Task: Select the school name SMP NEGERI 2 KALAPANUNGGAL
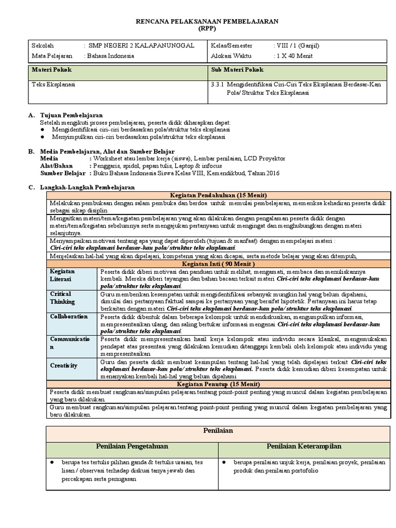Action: (x=141, y=46)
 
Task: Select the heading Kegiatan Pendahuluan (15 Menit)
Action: (x=216, y=195)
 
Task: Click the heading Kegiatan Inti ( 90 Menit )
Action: (x=216, y=263)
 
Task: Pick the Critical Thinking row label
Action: (x=63, y=298)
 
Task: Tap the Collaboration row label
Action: (x=69, y=317)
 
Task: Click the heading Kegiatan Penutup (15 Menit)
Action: (x=216, y=385)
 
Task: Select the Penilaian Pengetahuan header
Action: (x=132, y=446)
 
